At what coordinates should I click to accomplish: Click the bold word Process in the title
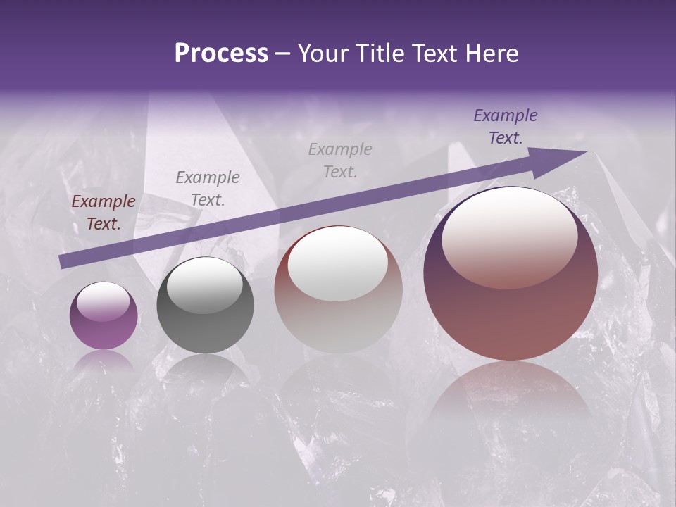[221, 54]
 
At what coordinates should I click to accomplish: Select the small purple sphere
[104, 315]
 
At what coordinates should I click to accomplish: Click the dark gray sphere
[205, 305]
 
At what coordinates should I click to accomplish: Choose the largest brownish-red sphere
[511, 275]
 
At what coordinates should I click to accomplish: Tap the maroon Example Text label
[104, 213]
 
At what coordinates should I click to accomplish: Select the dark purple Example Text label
[506, 127]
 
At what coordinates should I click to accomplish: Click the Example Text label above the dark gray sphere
[208, 188]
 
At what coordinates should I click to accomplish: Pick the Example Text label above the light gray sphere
[340, 160]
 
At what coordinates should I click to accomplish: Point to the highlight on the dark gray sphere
[204, 285]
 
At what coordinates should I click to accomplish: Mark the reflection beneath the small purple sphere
[104, 361]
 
